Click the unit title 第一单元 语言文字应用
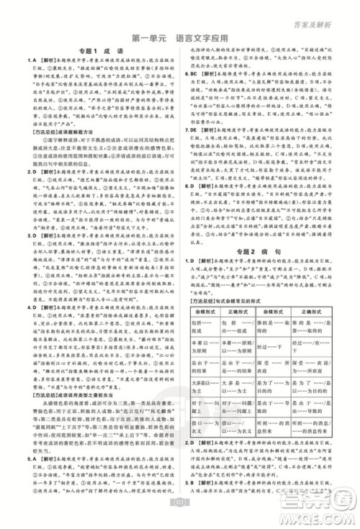click(x=179, y=34)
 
